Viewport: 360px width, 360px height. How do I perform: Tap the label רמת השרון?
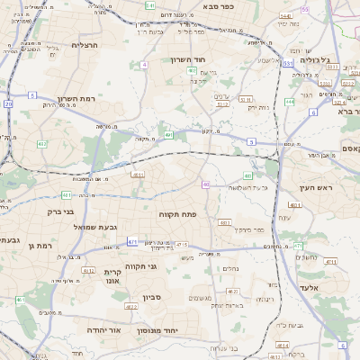click(76, 99)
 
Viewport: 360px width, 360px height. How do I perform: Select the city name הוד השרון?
click(189, 59)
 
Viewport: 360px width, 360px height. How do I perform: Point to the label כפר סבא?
click(220, 6)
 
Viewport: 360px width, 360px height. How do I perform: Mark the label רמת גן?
click(41, 245)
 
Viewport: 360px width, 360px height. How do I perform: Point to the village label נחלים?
click(229, 267)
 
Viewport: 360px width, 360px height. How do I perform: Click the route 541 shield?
click(149, 5)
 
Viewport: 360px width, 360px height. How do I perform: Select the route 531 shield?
click(286, 64)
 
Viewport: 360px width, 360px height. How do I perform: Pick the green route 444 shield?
click(290, 102)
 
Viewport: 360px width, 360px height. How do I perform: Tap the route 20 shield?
click(8, 103)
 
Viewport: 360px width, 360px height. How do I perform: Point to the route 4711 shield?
click(329, 262)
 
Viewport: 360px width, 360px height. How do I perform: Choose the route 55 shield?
click(304, 9)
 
